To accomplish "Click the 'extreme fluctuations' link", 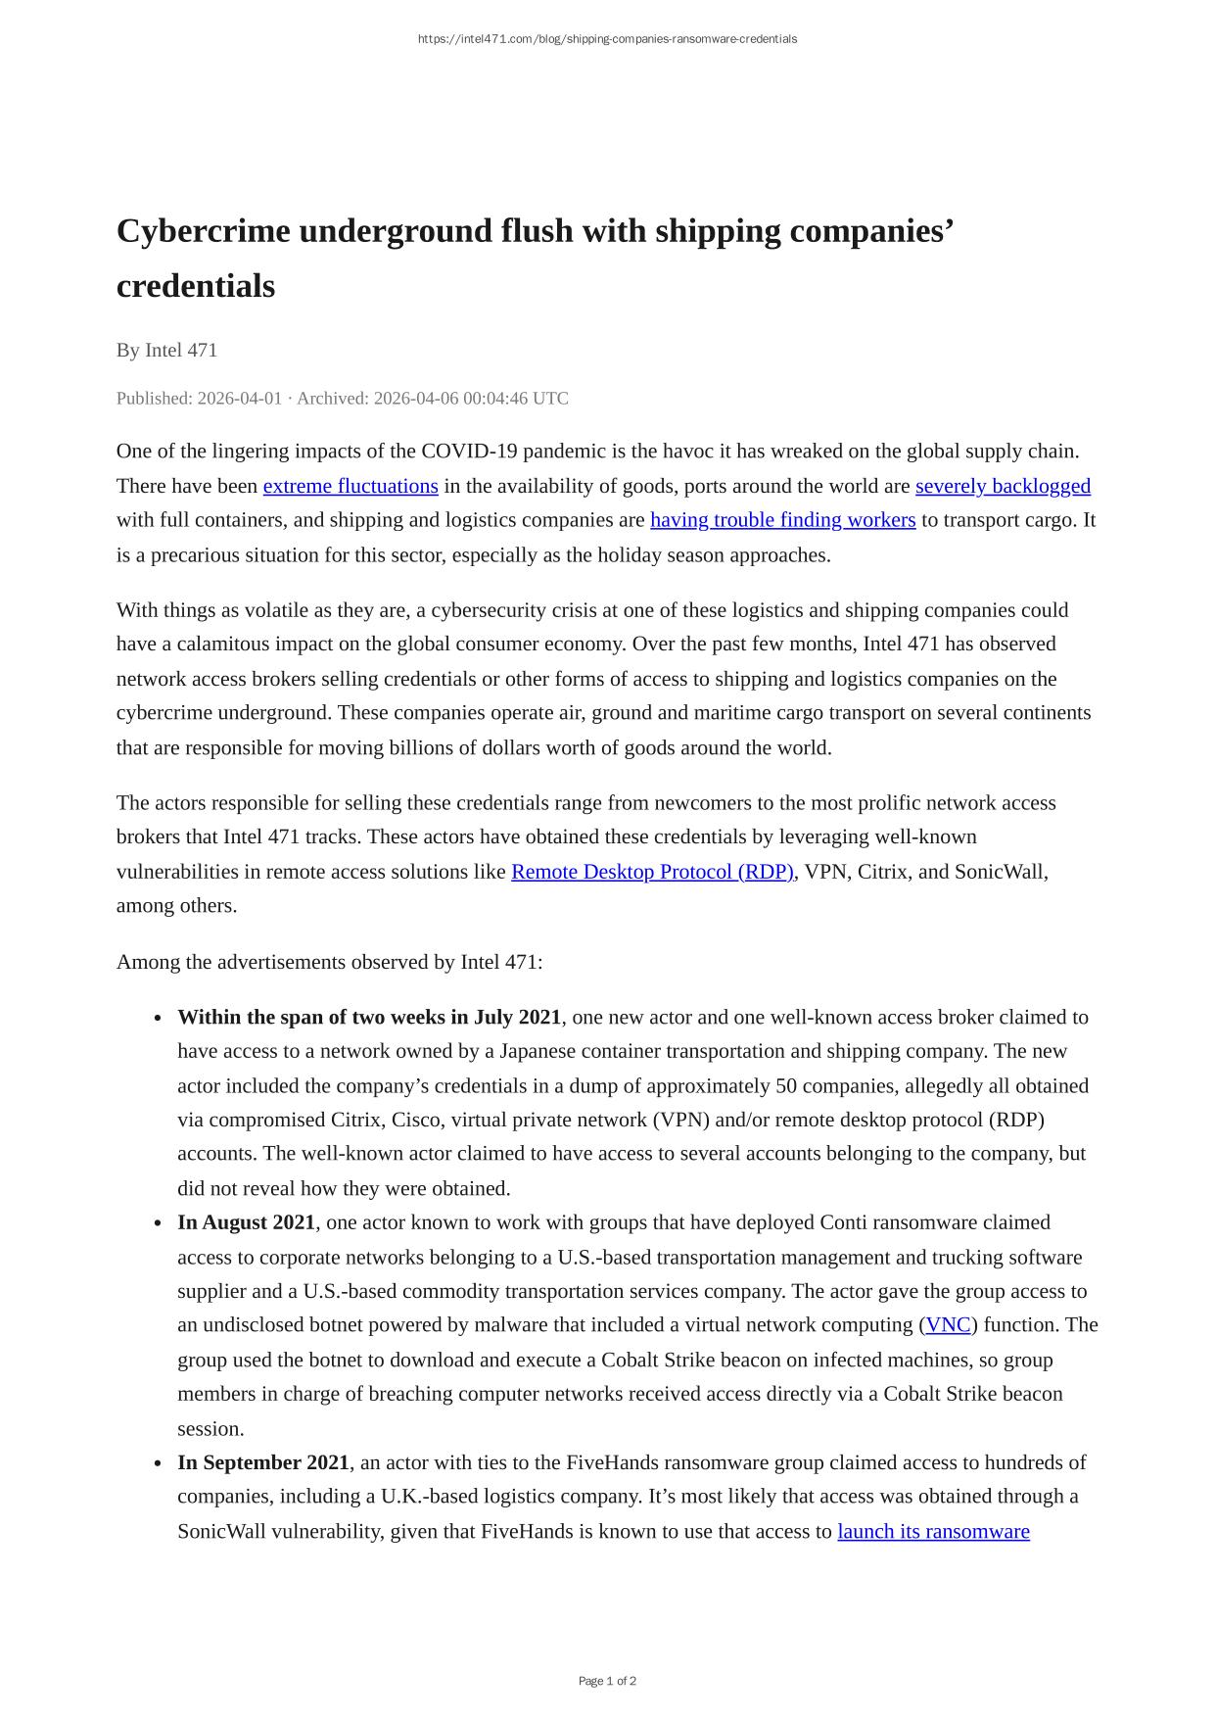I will click(351, 486).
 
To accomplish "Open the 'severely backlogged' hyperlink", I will click(1003, 486).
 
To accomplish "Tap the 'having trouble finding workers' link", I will click(782, 520).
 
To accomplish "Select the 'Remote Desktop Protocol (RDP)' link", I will click(652, 872).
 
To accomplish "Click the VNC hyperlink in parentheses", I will click(948, 1325).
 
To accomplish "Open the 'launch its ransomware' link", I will click(933, 1531).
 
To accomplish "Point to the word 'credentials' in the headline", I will click(196, 286).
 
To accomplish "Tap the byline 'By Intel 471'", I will click(166, 350).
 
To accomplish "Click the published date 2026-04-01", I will click(239, 399).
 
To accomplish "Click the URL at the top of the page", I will click(607, 39).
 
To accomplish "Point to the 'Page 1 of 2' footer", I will click(607, 1681).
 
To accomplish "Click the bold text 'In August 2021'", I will click(246, 1222).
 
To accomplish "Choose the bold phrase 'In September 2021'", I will click(262, 1462).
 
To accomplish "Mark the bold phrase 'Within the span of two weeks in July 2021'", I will click(369, 1017).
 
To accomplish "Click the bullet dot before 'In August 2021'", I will click(158, 1223).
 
